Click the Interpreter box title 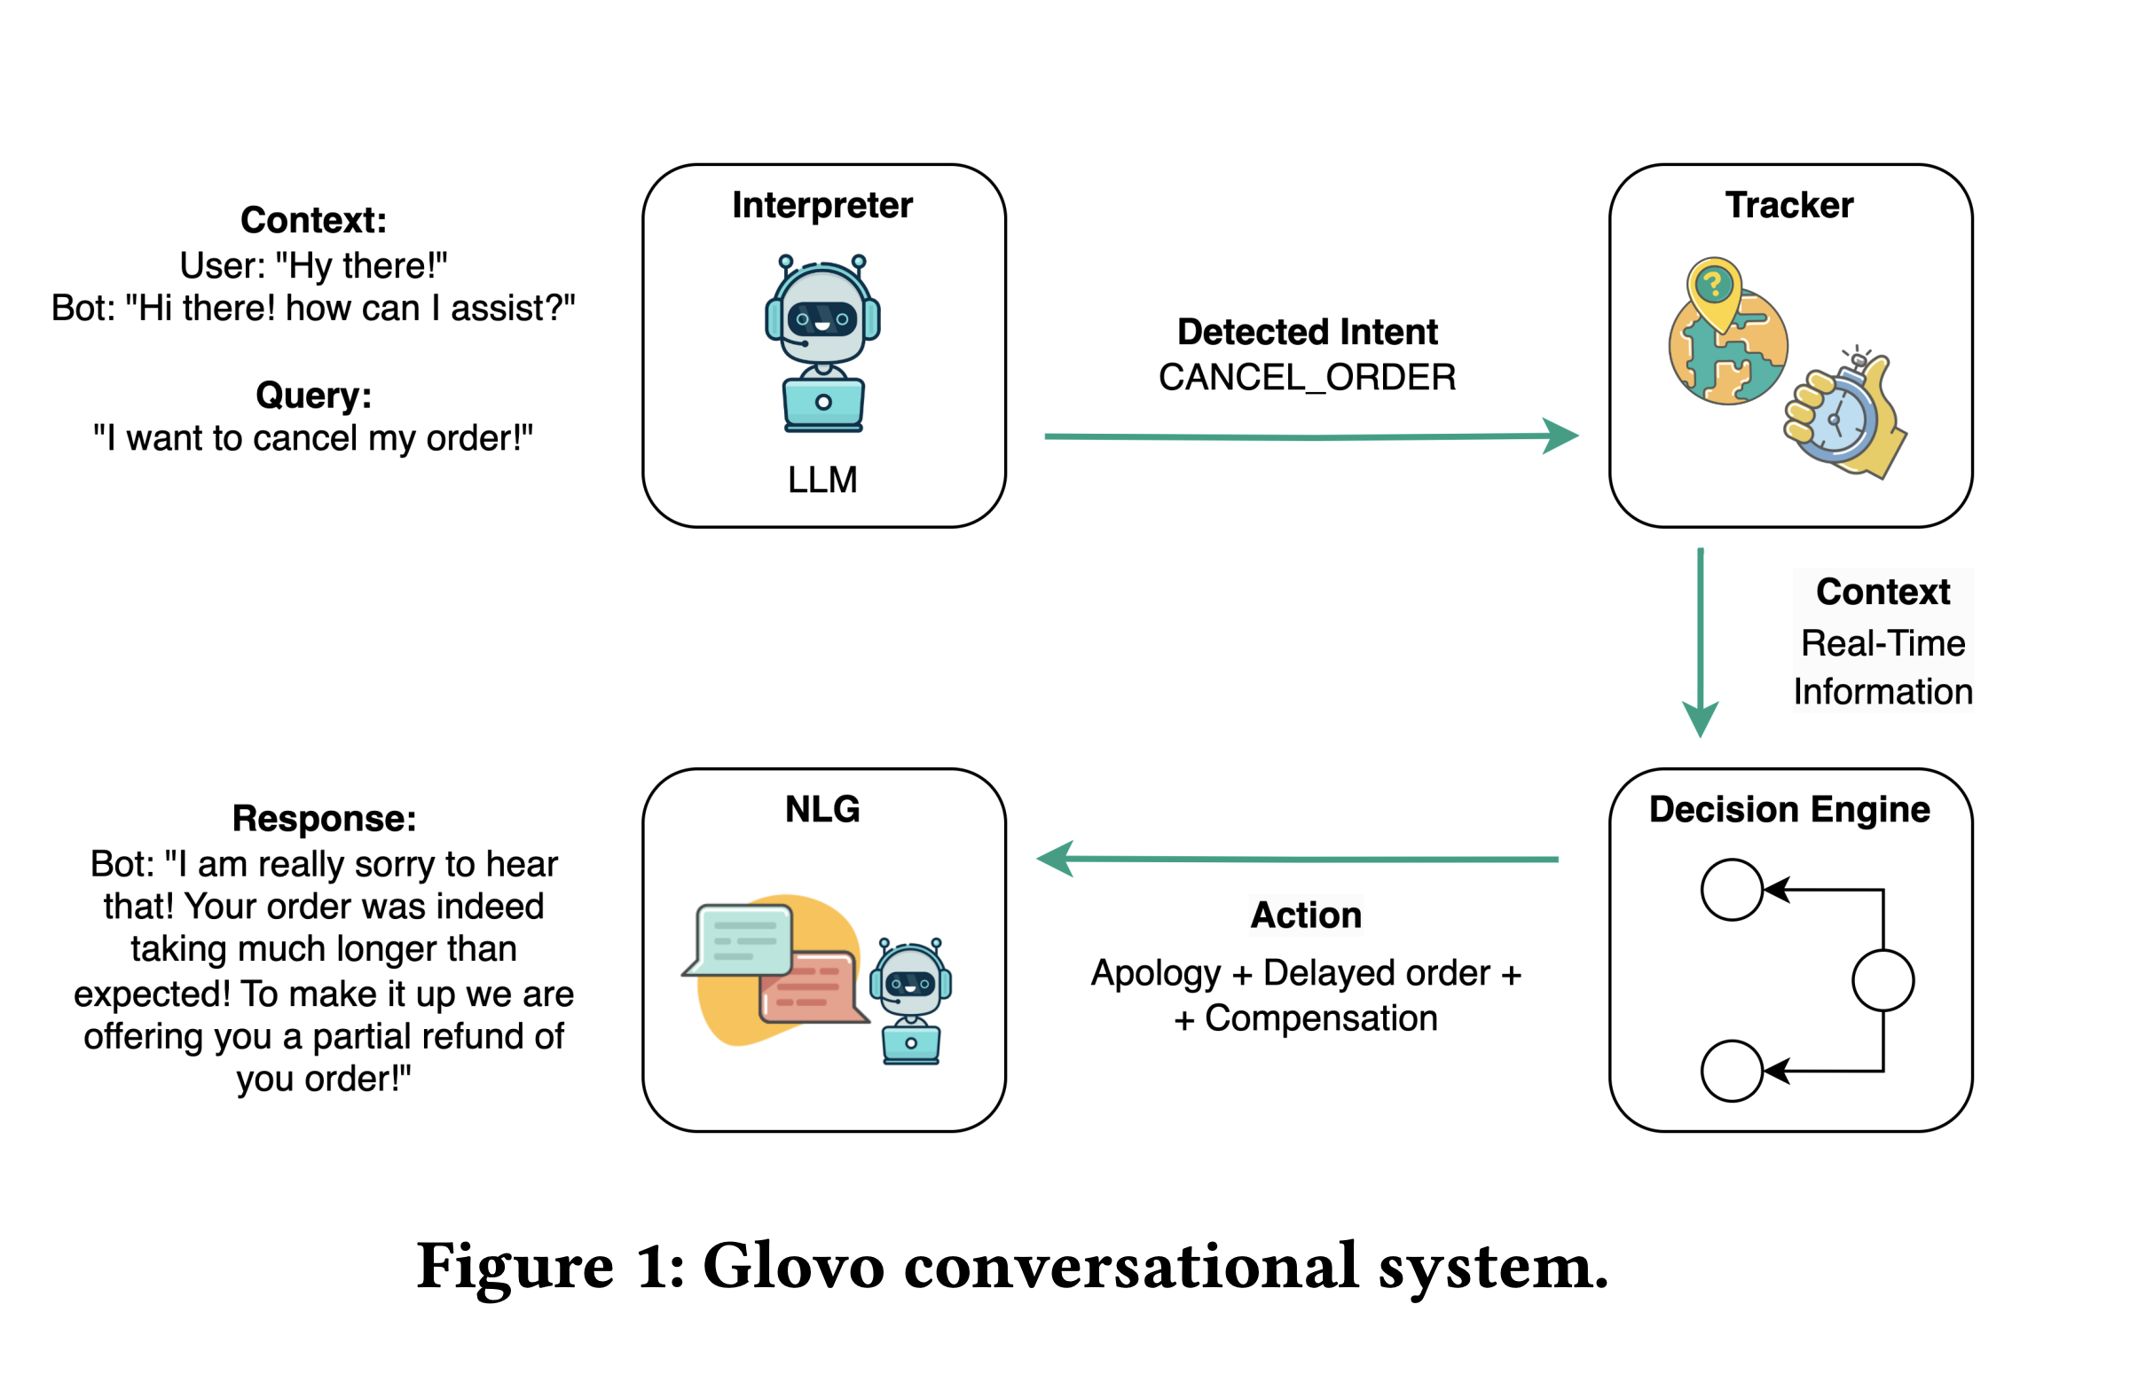coord(822,205)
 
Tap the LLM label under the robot coord(822,480)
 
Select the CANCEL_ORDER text coord(1307,378)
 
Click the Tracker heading coord(1789,205)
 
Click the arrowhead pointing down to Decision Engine coord(1700,719)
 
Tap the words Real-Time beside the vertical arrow coord(1882,644)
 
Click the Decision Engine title coord(1789,810)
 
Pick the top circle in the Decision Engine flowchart coord(1731,890)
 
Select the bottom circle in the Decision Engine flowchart coord(1731,1071)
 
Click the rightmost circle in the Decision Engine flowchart coord(1882,980)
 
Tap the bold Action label coord(1306,915)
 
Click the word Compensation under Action coord(1320,1018)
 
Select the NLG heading coord(822,810)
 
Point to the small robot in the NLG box coord(910,1000)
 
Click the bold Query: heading coord(313,396)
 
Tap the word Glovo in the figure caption coord(794,1267)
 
